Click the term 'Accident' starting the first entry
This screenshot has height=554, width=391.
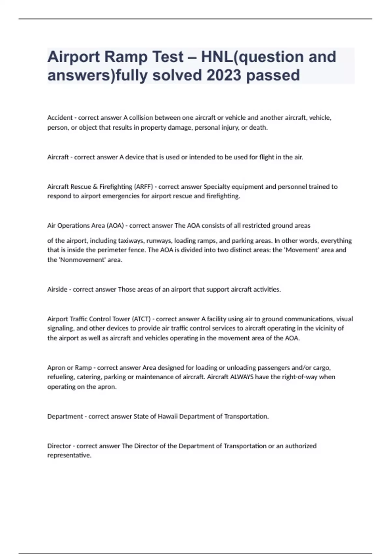[60, 118]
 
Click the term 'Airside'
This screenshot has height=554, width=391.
[57, 289]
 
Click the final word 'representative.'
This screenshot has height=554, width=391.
[69, 455]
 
